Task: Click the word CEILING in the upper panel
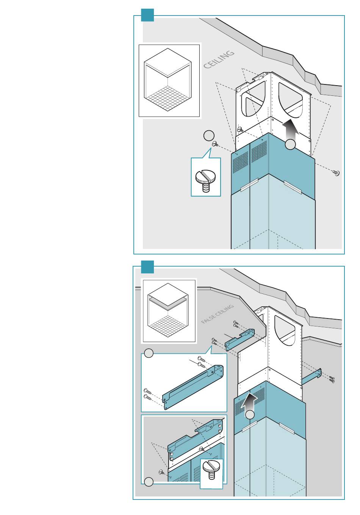(x=219, y=59)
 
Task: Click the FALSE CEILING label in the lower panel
(x=218, y=314)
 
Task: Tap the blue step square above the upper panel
(x=147, y=15)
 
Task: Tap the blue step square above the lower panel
(x=147, y=267)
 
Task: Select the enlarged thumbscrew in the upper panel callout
(x=205, y=180)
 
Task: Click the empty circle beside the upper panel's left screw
(x=209, y=136)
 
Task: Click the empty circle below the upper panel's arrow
(x=290, y=144)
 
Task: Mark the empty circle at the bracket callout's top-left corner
(x=149, y=353)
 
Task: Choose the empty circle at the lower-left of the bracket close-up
(x=149, y=482)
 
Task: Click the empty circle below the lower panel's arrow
(x=250, y=415)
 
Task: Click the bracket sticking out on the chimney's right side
(x=312, y=376)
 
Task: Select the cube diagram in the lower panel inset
(x=168, y=311)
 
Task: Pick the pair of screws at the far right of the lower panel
(x=332, y=379)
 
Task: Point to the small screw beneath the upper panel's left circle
(x=215, y=144)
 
